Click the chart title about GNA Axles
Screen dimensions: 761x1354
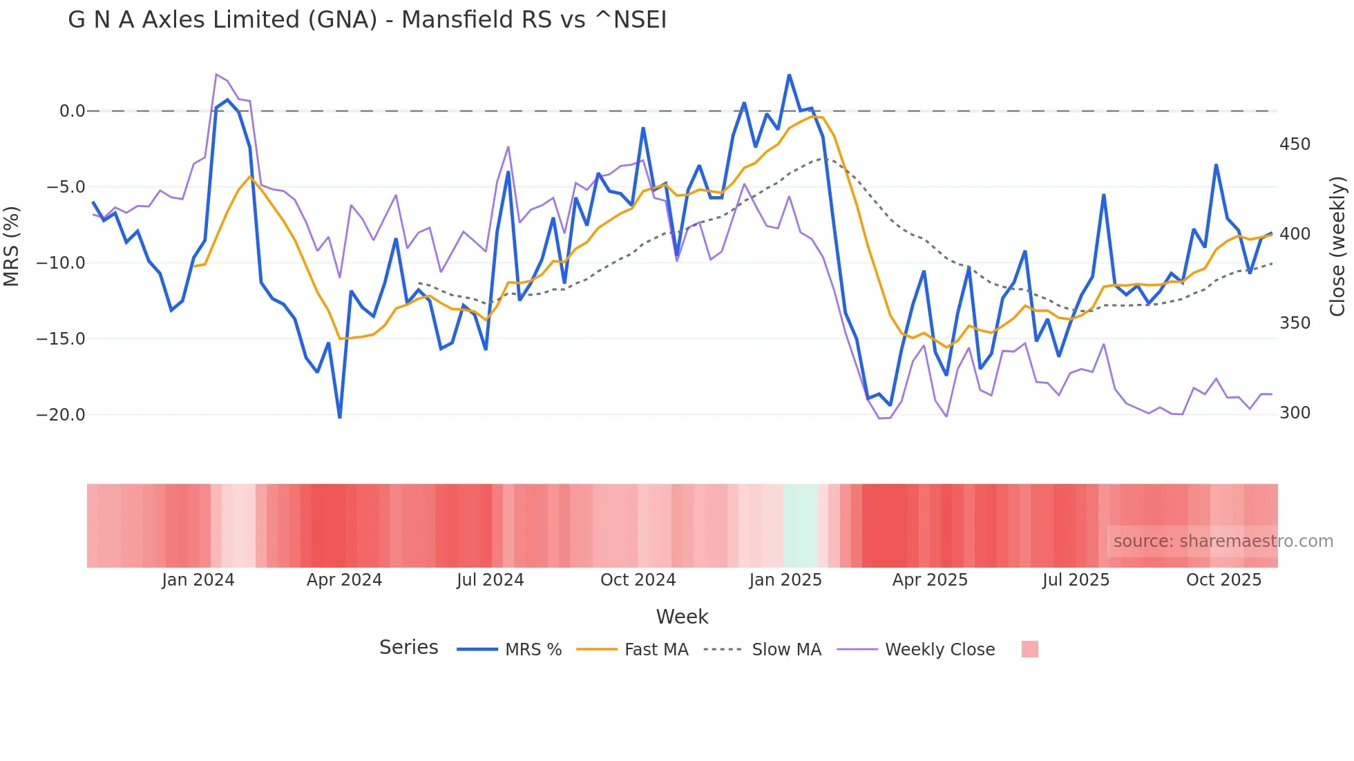[x=367, y=20]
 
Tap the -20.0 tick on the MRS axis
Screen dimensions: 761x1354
[x=61, y=415]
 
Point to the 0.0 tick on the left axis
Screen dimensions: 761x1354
[x=72, y=111]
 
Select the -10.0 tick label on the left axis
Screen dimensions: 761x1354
[x=61, y=263]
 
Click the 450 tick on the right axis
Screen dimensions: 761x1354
[x=1295, y=144]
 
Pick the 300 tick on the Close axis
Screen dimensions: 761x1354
[x=1295, y=413]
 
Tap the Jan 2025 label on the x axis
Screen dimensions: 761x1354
[x=785, y=580]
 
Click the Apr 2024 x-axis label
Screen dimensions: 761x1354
[x=344, y=580]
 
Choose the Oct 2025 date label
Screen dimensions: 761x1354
[x=1223, y=580]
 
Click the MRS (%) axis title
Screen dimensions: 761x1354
[x=12, y=246]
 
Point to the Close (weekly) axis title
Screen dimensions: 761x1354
[x=1337, y=246]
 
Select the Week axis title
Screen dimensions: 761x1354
[x=682, y=617]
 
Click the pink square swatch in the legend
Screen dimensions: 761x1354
[x=1029, y=649]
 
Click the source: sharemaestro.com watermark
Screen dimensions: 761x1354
[x=1223, y=541]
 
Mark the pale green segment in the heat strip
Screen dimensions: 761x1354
[x=801, y=526]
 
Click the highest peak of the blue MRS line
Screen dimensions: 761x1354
[x=789, y=75]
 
